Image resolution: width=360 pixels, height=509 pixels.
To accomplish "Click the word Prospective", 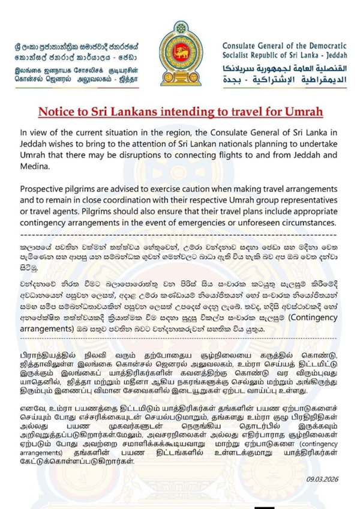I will tap(47, 181).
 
